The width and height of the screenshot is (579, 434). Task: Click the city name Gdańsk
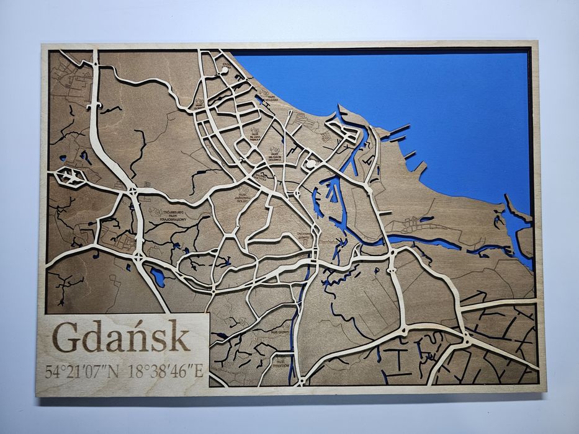tap(121, 337)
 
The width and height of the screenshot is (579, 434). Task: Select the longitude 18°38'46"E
tap(165, 372)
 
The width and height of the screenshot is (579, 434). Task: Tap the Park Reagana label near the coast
tap(267, 94)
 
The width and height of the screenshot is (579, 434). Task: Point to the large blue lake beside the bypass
tap(158, 277)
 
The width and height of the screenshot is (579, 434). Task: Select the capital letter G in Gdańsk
tap(66, 337)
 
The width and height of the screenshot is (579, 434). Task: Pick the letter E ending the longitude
tap(199, 372)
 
